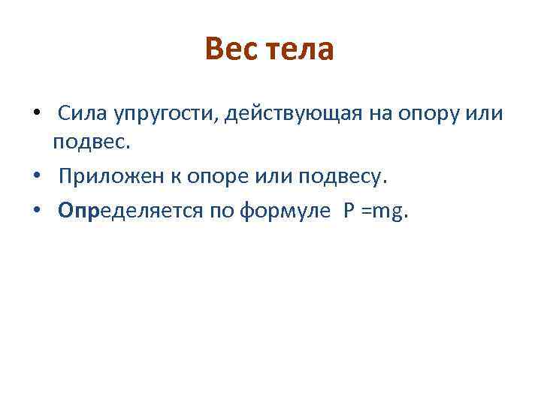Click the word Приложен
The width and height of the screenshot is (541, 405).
105,177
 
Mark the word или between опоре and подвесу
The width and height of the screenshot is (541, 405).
265,177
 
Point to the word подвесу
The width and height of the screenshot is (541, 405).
340,177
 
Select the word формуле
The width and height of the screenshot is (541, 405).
284,212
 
